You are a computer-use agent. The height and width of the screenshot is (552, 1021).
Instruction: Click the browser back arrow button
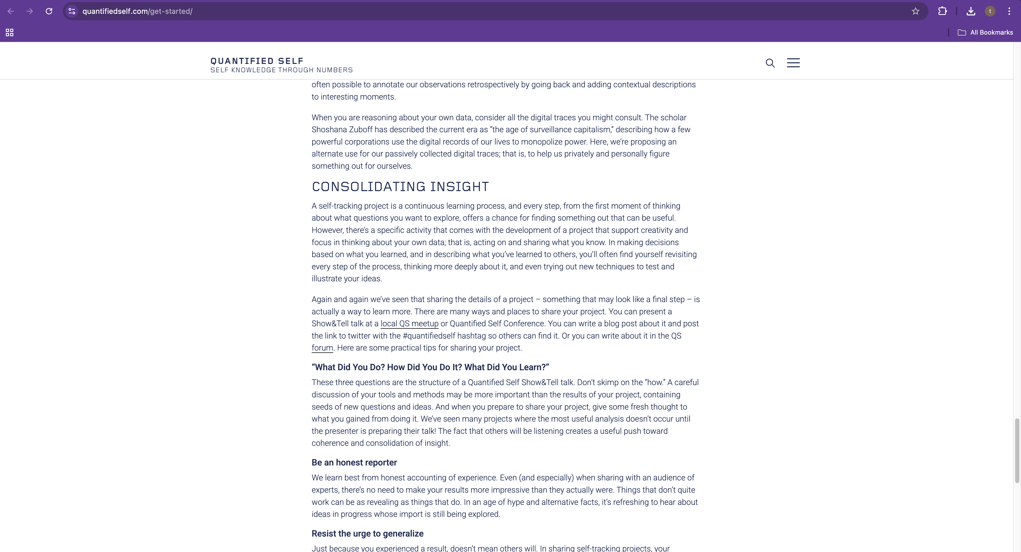click(11, 11)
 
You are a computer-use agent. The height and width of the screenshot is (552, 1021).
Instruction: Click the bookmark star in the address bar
click(915, 11)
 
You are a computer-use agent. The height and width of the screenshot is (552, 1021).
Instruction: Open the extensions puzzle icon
click(942, 11)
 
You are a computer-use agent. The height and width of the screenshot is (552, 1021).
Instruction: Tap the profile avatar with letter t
click(990, 11)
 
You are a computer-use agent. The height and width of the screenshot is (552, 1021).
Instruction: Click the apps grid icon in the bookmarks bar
click(10, 32)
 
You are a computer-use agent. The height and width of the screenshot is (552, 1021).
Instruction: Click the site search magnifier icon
click(770, 63)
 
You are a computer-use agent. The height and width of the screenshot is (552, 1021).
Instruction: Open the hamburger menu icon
click(793, 63)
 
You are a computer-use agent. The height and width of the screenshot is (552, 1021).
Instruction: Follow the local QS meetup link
click(409, 324)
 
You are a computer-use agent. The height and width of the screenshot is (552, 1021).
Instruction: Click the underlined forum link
click(322, 348)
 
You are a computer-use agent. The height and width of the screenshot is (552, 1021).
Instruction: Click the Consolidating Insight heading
click(400, 187)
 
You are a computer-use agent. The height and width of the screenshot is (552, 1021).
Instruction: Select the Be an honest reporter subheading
click(354, 463)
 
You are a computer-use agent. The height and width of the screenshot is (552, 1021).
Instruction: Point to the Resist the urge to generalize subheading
click(367, 533)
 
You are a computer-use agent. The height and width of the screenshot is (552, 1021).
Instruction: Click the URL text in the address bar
click(137, 11)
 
